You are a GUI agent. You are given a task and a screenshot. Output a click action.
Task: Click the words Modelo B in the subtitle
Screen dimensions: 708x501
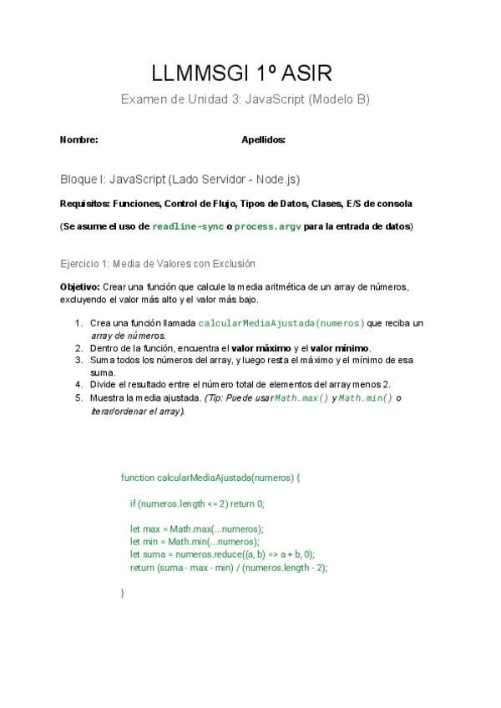coord(339,99)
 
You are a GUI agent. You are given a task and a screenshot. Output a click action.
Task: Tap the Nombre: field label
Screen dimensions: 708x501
coord(78,140)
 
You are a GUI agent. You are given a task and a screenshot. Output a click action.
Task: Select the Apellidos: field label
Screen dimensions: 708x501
coord(263,140)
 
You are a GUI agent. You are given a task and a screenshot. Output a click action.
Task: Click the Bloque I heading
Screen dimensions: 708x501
coord(180,180)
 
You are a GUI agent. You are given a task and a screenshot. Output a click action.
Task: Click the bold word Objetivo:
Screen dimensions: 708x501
coord(80,286)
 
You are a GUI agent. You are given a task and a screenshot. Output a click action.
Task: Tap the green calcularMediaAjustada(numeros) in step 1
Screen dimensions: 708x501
coord(281,323)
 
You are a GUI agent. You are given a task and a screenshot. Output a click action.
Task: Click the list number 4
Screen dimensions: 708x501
coord(78,385)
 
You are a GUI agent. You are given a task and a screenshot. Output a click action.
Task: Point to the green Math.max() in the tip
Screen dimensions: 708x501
coord(301,398)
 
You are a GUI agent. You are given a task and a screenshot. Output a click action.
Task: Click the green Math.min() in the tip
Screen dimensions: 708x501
coord(366,398)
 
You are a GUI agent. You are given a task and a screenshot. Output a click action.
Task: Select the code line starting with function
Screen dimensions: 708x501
coord(210,478)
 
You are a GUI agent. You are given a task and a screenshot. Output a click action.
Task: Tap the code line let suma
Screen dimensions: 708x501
coord(221,554)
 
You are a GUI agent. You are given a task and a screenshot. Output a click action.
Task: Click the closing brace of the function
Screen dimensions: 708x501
coord(123,592)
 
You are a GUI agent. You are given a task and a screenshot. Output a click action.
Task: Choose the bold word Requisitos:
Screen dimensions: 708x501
coord(85,203)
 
